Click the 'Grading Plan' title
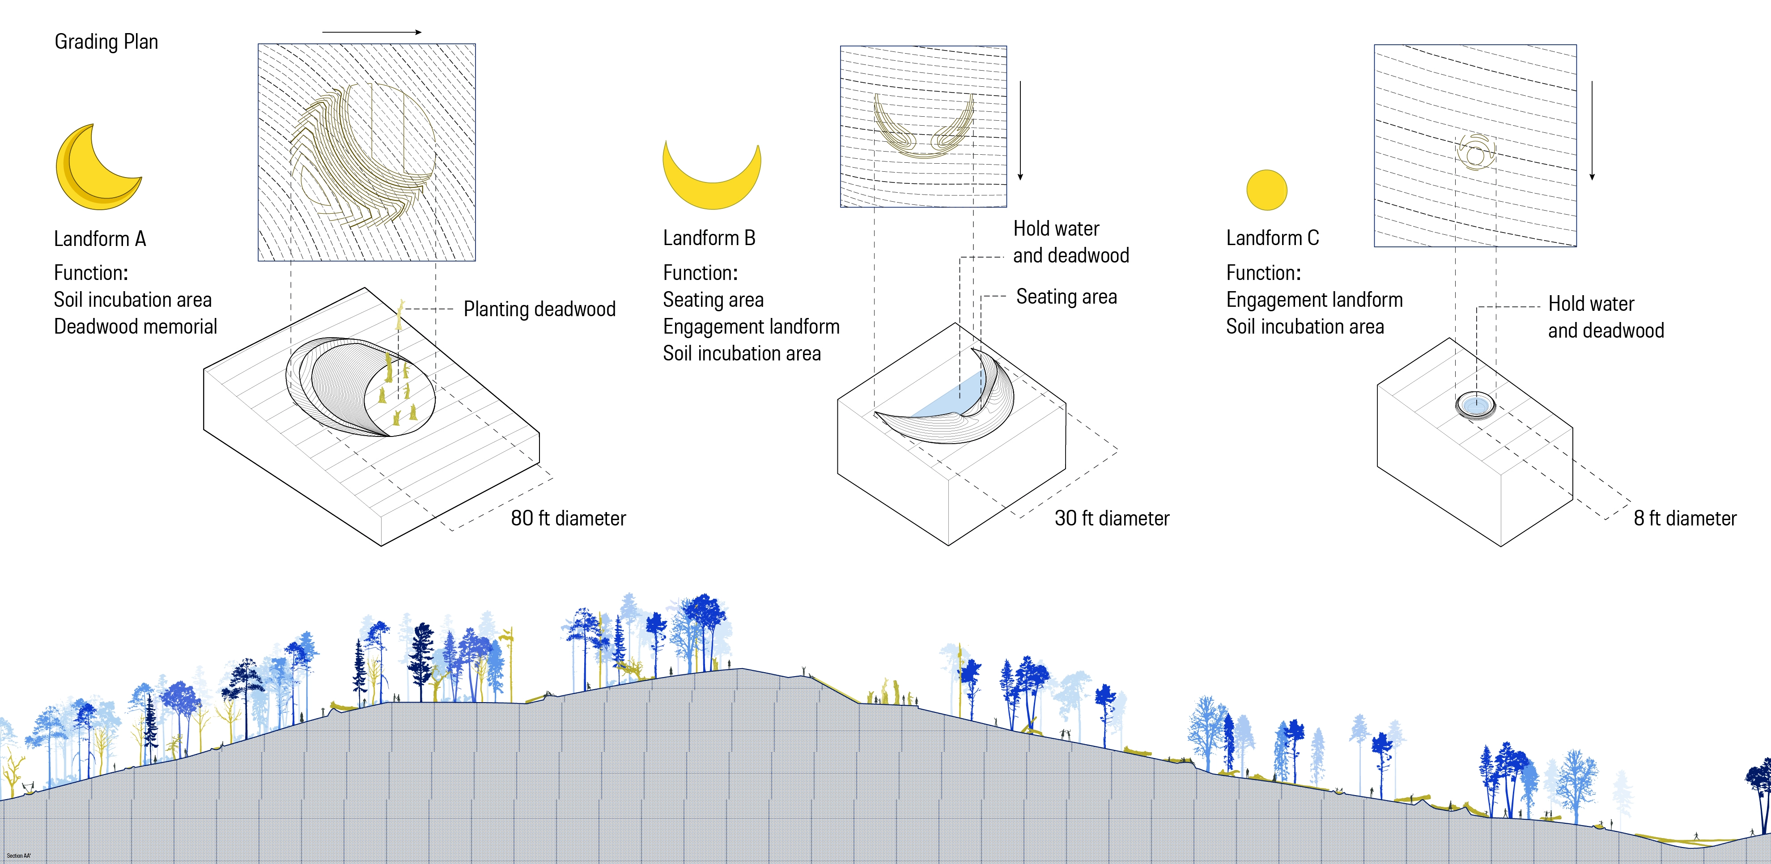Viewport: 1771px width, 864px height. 106,42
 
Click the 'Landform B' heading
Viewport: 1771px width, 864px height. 709,238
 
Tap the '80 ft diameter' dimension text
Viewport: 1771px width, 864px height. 568,518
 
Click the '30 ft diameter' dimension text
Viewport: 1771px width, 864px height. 1112,518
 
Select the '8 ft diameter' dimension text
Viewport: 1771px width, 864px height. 1684,518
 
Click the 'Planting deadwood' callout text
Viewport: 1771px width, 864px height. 539,309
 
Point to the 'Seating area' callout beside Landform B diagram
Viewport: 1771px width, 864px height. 1066,297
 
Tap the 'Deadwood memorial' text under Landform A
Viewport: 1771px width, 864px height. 136,326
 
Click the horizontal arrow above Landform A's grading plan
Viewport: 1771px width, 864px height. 371,32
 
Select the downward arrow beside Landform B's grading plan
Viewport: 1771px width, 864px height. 1020,131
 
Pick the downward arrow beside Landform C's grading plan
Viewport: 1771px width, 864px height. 1592,131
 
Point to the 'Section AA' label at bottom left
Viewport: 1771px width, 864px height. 18,856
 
